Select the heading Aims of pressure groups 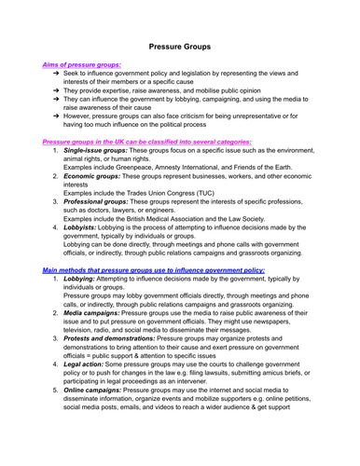(x=81, y=63)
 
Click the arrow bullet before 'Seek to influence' (x=56, y=74)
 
